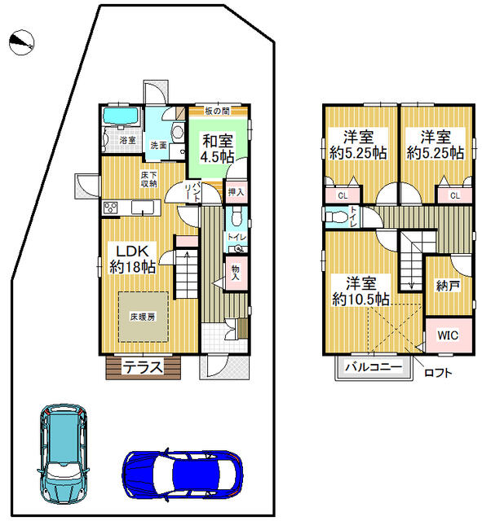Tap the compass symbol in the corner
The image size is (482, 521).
(x=22, y=42)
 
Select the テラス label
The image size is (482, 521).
(x=142, y=367)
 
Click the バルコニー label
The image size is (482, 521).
(x=372, y=367)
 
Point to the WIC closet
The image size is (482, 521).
(x=448, y=335)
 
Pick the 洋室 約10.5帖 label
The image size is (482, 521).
(x=360, y=291)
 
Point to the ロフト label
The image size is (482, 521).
(x=438, y=374)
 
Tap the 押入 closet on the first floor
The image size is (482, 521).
(x=236, y=192)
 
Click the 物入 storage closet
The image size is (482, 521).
(x=236, y=272)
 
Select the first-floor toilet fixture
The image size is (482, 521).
(x=234, y=217)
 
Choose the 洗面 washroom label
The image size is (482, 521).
(x=157, y=145)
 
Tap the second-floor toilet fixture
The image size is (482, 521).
(x=334, y=217)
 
